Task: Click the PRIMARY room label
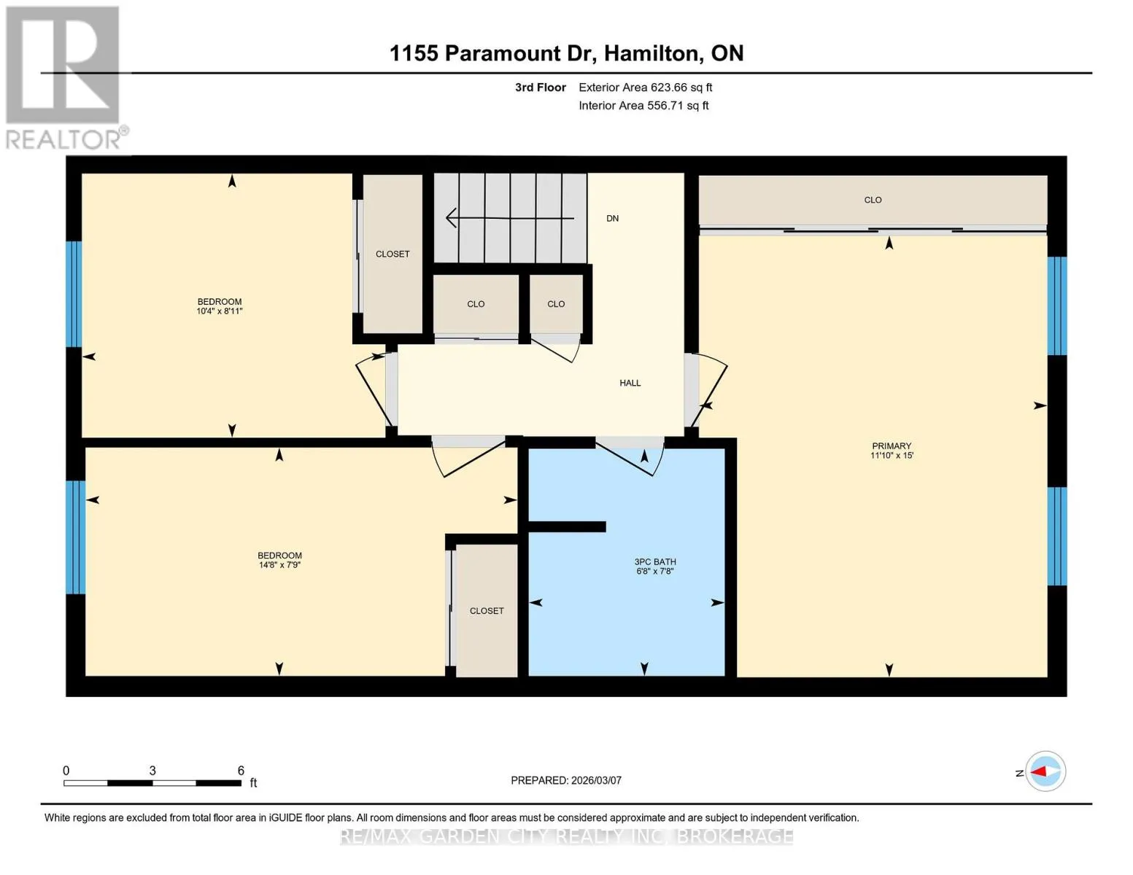(x=892, y=446)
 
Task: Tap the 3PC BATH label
(x=655, y=561)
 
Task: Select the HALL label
(x=630, y=383)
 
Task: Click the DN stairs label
(x=612, y=218)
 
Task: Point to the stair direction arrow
(x=510, y=218)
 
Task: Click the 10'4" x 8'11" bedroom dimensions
(x=220, y=311)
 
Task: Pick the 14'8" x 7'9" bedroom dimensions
(x=279, y=565)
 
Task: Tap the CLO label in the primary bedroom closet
(x=873, y=200)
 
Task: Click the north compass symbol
(x=1045, y=771)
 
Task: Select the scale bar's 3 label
(x=152, y=770)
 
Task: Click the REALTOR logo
(x=65, y=78)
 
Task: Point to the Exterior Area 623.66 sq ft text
(x=645, y=87)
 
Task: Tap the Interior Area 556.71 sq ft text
(x=643, y=106)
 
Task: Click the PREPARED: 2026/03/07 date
(x=565, y=780)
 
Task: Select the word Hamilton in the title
(x=651, y=54)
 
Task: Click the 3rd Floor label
(x=540, y=87)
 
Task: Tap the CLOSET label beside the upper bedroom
(x=393, y=254)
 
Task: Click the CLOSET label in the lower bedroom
(x=487, y=611)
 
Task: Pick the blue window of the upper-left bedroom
(x=74, y=294)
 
